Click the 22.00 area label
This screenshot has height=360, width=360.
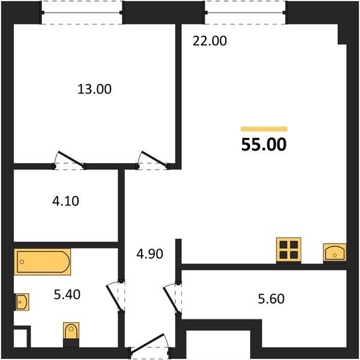[209, 41]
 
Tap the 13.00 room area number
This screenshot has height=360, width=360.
[95, 89]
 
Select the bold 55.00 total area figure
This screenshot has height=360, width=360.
[264, 145]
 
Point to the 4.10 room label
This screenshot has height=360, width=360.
[65, 201]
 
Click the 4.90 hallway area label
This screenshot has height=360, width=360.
[149, 254]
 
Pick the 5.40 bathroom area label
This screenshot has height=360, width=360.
[67, 295]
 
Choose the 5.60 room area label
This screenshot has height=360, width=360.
[271, 299]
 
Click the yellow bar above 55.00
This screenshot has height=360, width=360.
[264, 129]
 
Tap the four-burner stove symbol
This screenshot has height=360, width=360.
[289, 250]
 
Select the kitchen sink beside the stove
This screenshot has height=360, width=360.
[335, 253]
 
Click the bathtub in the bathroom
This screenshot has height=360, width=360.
[43, 262]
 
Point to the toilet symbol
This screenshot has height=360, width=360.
[71, 331]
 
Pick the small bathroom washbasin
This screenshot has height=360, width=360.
[22, 302]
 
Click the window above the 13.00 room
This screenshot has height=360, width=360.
[82, 13]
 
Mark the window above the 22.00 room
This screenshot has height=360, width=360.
[245, 13]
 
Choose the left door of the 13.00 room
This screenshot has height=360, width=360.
[70, 160]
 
